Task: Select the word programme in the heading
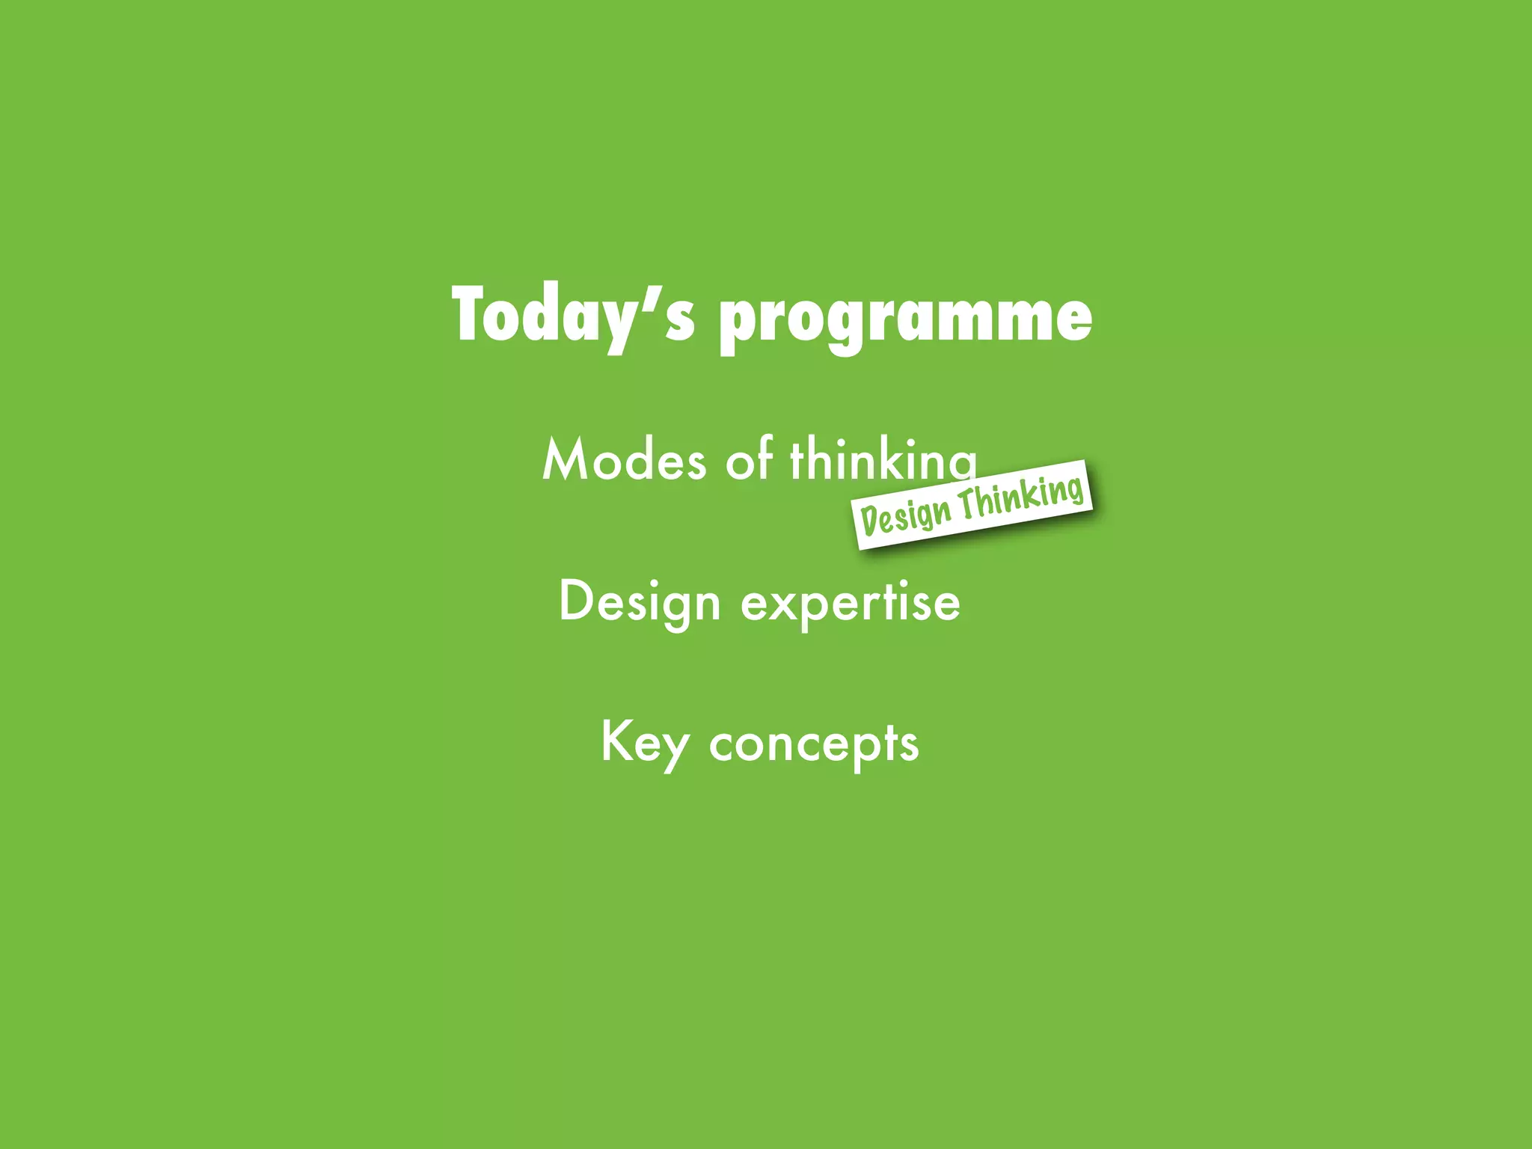(905, 320)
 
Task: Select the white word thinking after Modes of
(883, 460)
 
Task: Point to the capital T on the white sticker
(970, 504)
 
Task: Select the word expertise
(851, 603)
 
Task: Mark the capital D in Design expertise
(575, 600)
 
